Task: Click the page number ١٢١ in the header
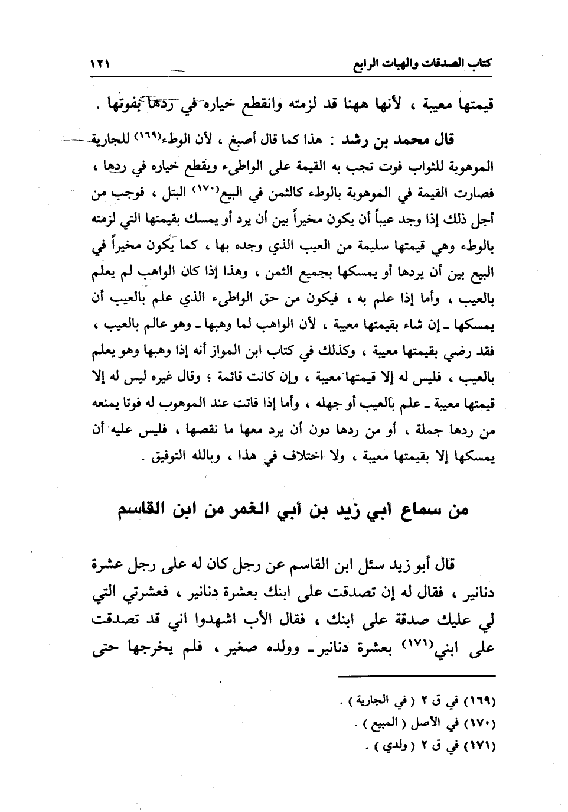[x=101, y=63]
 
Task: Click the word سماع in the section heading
[x=415, y=509]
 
